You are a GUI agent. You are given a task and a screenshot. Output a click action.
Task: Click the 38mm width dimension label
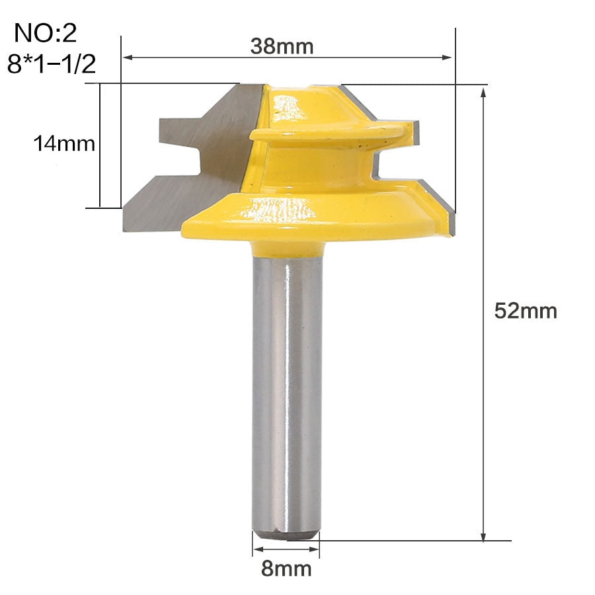[x=282, y=46]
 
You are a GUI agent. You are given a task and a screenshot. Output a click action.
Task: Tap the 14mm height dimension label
[x=64, y=144]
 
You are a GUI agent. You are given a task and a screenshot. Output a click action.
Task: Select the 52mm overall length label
[x=526, y=311]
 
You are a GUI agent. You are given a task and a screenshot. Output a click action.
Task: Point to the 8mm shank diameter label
[x=286, y=569]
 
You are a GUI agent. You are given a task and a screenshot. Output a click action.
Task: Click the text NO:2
[x=46, y=33]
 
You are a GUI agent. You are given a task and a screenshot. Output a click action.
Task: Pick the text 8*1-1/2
[x=52, y=63]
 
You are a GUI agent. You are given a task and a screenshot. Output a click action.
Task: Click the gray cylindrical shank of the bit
[x=286, y=395]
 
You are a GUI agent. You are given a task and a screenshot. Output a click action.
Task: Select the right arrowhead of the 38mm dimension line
[x=447, y=58]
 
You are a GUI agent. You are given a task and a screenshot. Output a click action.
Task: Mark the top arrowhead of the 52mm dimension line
[x=483, y=93]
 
